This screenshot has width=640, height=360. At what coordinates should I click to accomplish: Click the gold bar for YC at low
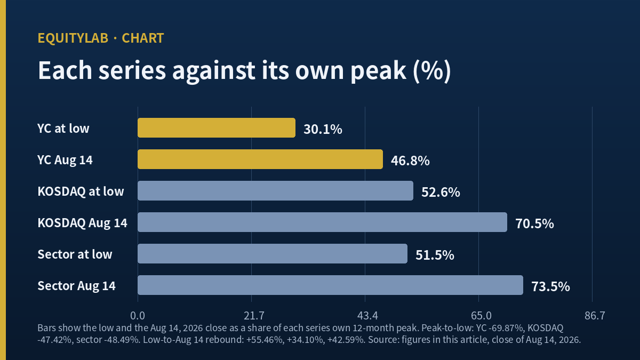(x=217, y=127)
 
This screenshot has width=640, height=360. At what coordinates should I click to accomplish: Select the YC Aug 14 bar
(x=260, y=159)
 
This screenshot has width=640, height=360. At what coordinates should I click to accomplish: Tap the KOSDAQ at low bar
(x=275, y=190)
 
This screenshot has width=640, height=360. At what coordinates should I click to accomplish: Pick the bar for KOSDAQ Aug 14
(x=322, y=222)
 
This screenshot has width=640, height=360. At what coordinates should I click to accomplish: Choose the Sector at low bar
(x=273, y=253)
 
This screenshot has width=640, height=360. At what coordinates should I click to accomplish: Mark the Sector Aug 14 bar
(x=330, y=285)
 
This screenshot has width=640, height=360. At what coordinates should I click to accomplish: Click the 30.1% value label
(x=323, y=129)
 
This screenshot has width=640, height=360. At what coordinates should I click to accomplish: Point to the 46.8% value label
(x=410, y=161)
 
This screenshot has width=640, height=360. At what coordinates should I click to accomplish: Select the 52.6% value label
(x=441, y=192)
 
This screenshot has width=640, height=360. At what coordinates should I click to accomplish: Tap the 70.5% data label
(x=534, y=223)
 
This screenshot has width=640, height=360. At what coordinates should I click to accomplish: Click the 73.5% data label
(x=550, y=286)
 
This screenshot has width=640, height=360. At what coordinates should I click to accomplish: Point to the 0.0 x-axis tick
(x=138, y=316)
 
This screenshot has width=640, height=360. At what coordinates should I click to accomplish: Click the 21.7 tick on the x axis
(x=254, y=316)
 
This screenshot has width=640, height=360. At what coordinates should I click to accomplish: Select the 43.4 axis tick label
(x=367, y=316)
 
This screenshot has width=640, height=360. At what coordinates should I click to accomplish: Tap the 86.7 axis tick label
(x=595, y=316)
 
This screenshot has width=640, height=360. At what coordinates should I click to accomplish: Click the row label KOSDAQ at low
(x=81, y=191)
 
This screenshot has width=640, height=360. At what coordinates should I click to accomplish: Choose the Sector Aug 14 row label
(x=77, y=286)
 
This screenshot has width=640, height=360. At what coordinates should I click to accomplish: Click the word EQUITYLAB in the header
(x=73, y=38)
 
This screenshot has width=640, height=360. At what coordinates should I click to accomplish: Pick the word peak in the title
(x=378, y=71)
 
